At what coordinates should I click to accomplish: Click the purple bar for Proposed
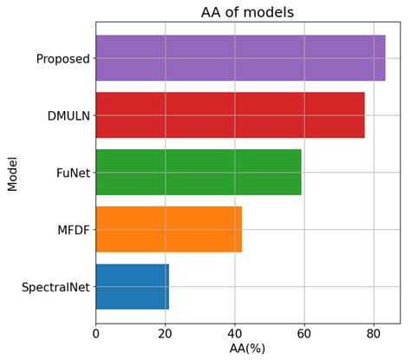pyautogui.click(x=240, y=58)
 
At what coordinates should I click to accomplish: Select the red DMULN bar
pyautogui.click(x=230, y=115)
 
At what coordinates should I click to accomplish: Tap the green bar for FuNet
pyautogui.click(x=199, y=172)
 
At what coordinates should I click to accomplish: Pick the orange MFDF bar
pyautogui.click(x=168, y=229)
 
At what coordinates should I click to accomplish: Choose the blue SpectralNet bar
pyautogui.click(x=132, y=286)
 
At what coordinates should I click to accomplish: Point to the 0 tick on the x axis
pyautogui.click(x=95, y=331)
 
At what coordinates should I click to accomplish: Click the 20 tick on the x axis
pyautogui.click(x=165, y=331)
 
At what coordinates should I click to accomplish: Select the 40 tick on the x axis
pyautogui.click(x=234, y=331)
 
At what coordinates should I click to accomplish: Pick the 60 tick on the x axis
pyautogui.click(x=303, y=331)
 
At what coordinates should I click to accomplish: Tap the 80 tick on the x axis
pyautogui.click(x=373, y=331)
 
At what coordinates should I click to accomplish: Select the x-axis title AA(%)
pyautogui.click(x=247, y=348)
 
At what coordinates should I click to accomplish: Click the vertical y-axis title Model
pyautogui.click(x=12, y=173)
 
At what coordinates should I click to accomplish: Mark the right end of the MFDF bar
pyautogui.click(x=241, y=229)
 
